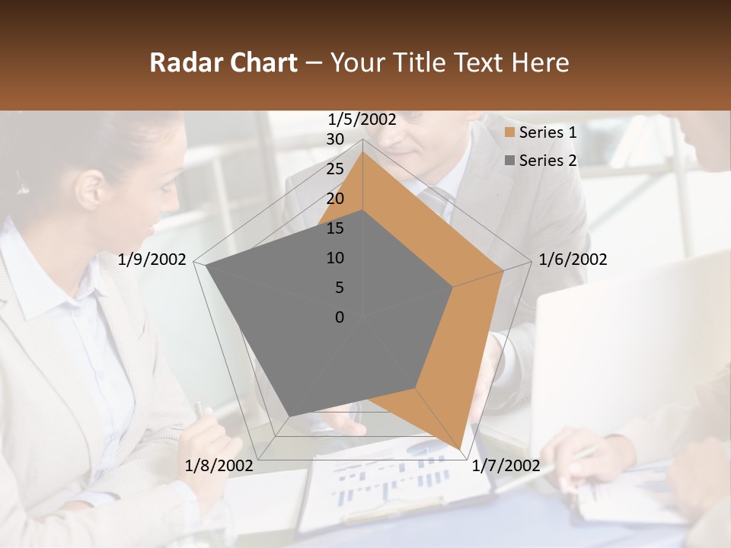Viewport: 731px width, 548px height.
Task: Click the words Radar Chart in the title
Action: click(223, 62)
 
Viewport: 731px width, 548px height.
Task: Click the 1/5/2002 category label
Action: click(362, 119)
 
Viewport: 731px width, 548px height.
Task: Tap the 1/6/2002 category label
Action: click(573, 260)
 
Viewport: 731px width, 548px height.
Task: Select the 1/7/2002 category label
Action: click(506, 465)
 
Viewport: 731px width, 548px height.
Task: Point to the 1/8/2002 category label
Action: click(219, 465)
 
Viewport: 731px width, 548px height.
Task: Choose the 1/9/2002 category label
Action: click(152, 260)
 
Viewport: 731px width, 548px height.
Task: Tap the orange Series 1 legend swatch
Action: click(509, 133)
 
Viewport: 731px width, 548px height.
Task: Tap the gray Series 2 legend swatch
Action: click(509, 161)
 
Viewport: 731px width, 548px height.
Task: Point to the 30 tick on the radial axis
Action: click(335, 139)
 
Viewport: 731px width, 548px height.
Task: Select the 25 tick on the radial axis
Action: click(335, 169)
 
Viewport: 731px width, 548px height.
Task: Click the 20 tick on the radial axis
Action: click(335, 199)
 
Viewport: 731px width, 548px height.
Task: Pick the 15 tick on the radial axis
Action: click(335, 228)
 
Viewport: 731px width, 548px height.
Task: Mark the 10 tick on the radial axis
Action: click(335, 258)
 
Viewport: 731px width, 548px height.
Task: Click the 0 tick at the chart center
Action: click(340, 317)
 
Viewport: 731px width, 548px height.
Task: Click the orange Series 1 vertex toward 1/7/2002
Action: click(459, 448)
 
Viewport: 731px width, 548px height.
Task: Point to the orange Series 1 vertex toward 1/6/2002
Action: click(503, 269)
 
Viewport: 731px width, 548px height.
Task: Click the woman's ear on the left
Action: click(90, 189)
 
